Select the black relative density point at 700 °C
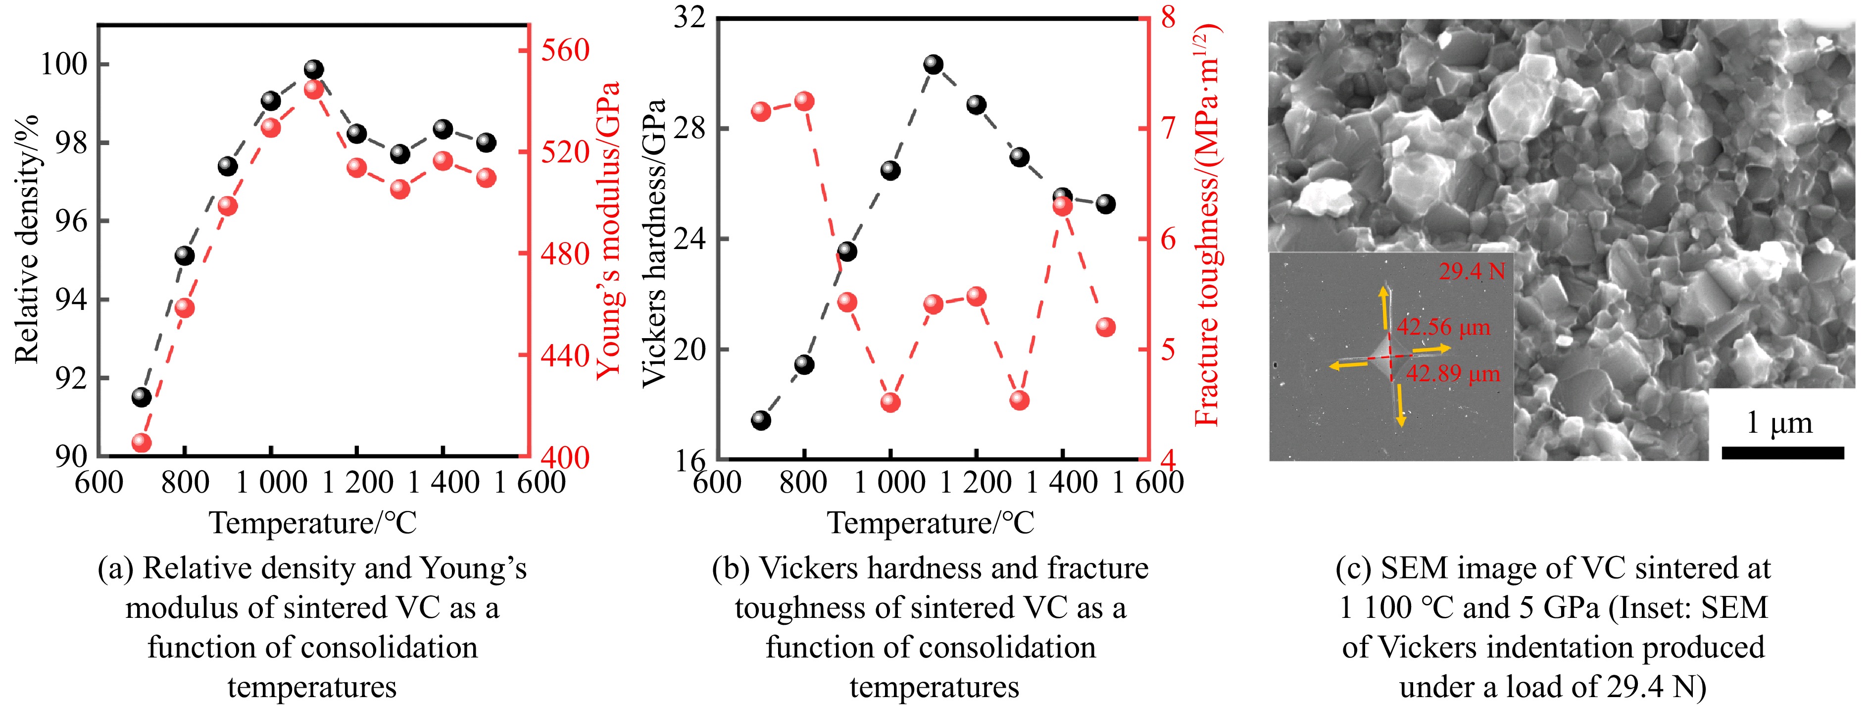(142, 397)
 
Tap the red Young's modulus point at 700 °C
(142, 443)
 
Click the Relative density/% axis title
(26, 240)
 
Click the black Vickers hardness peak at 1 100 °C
(934, 65)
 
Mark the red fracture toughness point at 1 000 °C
(890, 402)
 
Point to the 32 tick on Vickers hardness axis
(689, 17)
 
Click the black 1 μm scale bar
(1782, 453)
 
